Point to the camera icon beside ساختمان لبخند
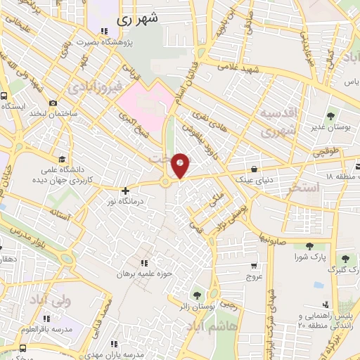(x=53, y=103)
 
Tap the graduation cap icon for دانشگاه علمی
(x=63, y=159)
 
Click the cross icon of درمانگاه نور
(x=125, y=190)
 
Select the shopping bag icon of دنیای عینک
(x=252, y=169)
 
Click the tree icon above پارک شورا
(x=309, y=245)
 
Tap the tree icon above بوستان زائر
(x=196, y=294)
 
